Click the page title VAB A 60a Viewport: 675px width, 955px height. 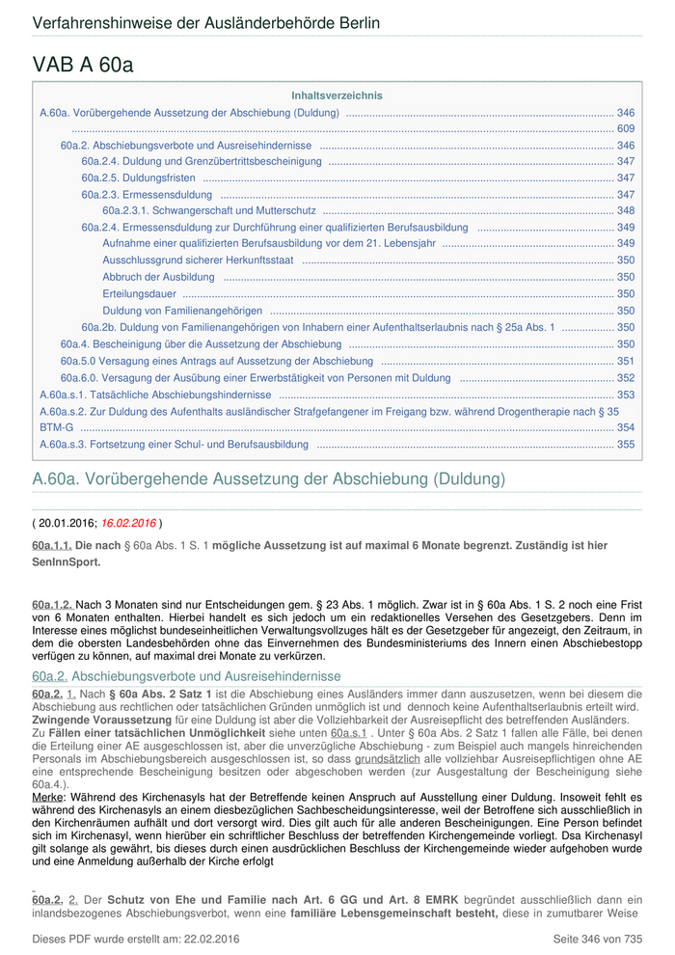[x=83, y=65]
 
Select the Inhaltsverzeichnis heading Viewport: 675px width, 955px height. [x=337, y=95]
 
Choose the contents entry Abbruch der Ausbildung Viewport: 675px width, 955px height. [x=158, y=277]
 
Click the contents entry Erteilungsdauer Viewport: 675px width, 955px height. [x=139, y=293]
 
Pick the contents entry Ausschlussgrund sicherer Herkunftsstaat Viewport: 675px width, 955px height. [x=198, y=260]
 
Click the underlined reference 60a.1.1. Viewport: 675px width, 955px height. [x=52, y=546]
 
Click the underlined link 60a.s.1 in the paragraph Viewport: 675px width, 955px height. [x=349, y=733]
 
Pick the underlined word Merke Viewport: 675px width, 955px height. [x=47, y=798]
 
